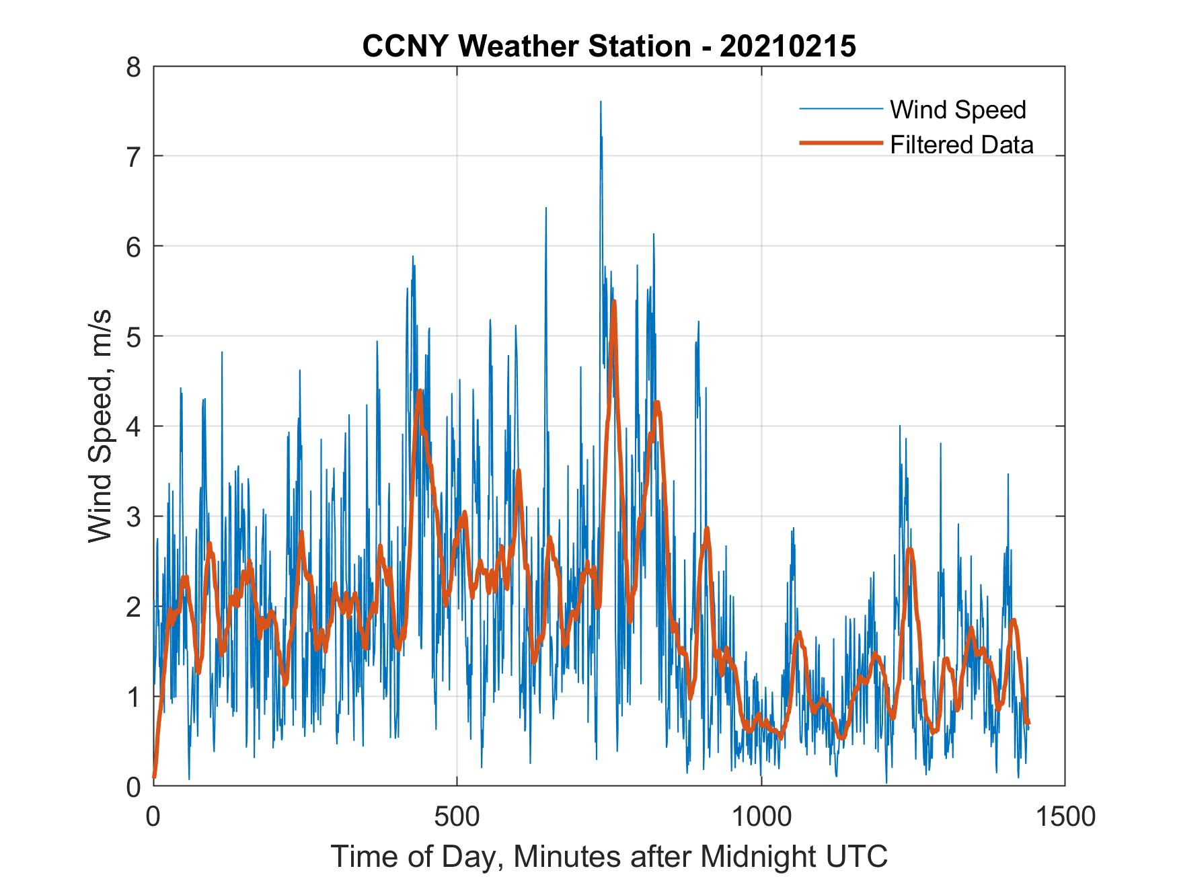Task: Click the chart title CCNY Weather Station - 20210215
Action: [609, 46]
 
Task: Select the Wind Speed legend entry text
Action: [958, 110]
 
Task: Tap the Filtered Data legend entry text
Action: [961, 145]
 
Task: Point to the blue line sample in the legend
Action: [840, 109]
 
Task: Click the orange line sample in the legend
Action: [840, 143]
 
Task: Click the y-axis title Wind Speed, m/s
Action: [100, 426]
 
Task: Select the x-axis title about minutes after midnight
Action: [609, 856]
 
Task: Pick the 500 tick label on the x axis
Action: [457, 816]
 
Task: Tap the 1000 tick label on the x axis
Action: [761, 816]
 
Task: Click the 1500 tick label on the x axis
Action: [1065, 816]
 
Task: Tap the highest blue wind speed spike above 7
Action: [601, 103]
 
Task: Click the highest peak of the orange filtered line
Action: [613, 302]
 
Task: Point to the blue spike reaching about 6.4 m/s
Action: [545, 208]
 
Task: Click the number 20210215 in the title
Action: [788, 46]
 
